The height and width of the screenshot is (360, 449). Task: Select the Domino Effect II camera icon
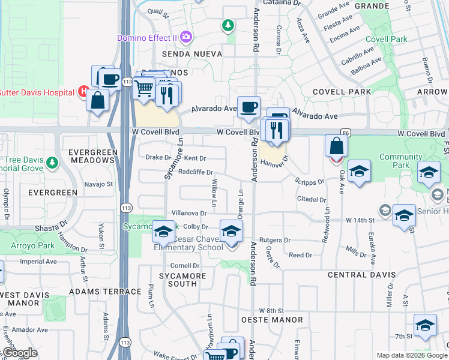186,37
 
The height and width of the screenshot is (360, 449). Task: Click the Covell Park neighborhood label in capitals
340,92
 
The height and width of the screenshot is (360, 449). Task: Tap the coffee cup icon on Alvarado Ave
249,108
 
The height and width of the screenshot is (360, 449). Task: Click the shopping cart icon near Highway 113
143,89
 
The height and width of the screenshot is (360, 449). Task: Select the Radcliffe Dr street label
196,172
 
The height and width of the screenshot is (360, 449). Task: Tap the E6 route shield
345,133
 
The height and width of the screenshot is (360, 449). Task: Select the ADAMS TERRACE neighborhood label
106,292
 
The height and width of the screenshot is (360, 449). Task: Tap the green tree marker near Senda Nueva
228,25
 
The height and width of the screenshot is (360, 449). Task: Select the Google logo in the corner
20,353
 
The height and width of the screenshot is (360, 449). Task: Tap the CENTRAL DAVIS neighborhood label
361,274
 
